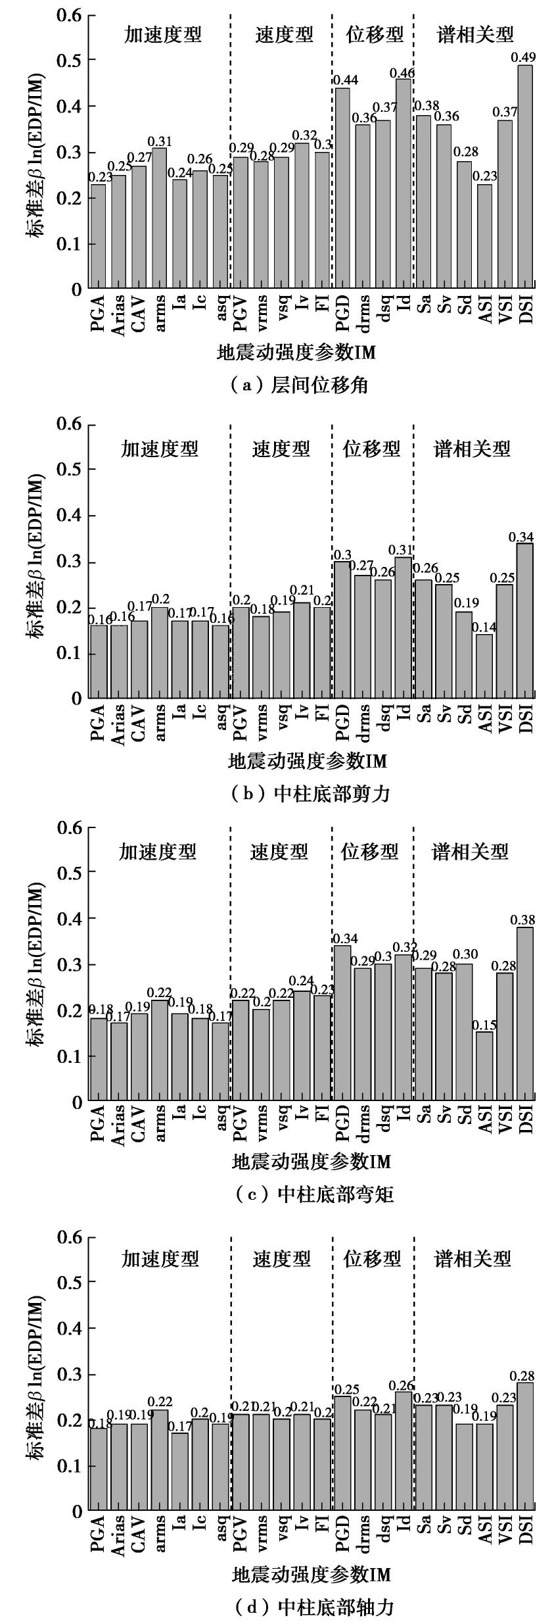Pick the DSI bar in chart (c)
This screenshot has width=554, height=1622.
coord(524,1014)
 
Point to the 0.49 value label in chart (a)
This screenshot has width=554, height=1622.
coord(522,58)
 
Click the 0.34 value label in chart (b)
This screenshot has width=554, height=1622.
coord(522,537)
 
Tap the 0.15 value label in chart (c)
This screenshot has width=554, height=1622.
coord(485,1025)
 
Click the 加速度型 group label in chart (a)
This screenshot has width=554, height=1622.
coord(163,34)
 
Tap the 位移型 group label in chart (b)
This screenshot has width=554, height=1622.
coord(371,449)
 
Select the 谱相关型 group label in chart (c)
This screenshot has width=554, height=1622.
coord(470,852)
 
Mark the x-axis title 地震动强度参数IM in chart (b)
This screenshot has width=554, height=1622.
coord(307,761)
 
